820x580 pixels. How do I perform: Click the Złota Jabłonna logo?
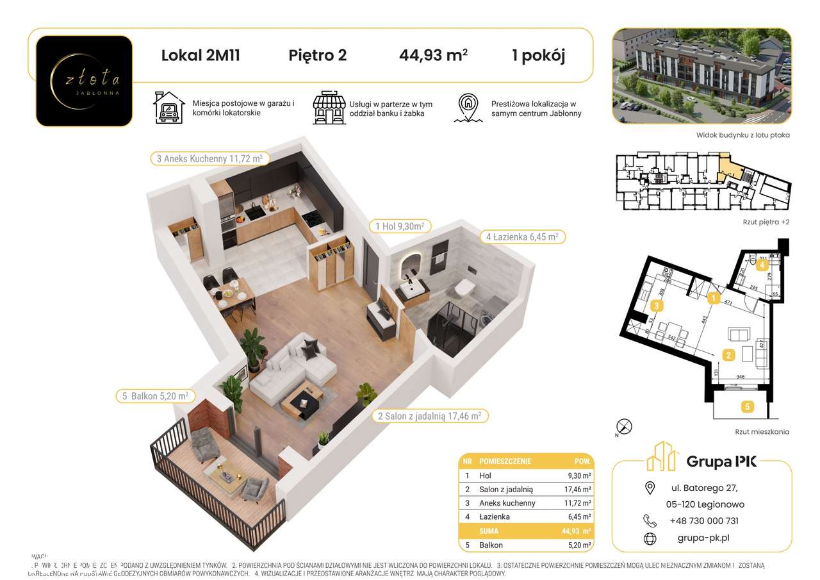(84, 81)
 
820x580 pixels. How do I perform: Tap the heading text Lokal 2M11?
(201, 55)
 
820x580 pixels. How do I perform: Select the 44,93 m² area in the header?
(433, 55)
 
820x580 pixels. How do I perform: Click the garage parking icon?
(168, 108)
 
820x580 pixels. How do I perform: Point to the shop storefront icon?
(328, 108)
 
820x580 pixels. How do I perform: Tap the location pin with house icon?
(469, 108)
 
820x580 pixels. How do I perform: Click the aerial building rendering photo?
(701, 76)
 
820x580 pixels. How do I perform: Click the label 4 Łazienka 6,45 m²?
(522, 237)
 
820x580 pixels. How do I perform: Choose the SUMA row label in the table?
(489, 531)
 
